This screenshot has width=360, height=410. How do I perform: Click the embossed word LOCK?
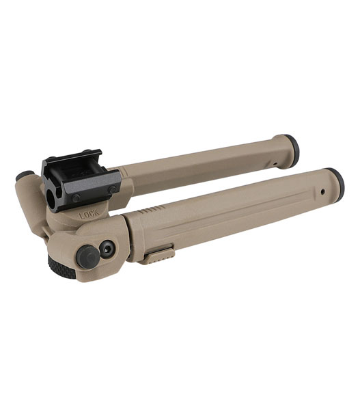(89, 214)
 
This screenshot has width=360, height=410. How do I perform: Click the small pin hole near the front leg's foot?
(322, 191)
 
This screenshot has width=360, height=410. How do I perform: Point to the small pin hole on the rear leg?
(274, 164)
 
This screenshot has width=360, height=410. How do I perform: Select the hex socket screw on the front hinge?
(107, 249)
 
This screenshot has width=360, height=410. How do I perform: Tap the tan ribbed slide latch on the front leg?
(158, 255)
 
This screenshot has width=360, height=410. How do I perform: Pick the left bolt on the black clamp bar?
(76, 197)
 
